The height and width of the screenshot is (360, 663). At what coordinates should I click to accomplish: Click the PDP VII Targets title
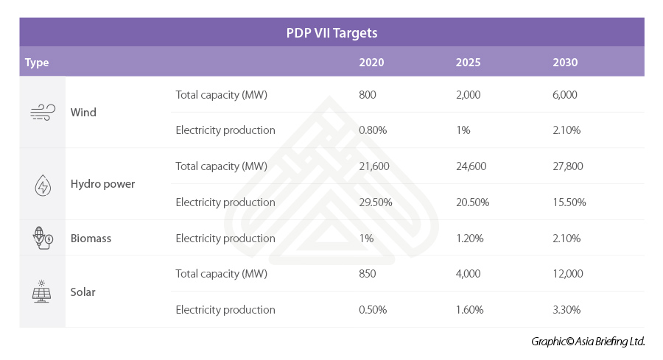(x=331, y=33)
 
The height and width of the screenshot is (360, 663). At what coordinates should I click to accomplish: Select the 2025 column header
(x=468, y=63)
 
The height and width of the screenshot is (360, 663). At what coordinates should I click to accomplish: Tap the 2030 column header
(x=565, y=63)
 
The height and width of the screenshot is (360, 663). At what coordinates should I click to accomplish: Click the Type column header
(x=37, y=63)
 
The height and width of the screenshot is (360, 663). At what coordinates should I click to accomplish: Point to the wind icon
(x=43, y=112)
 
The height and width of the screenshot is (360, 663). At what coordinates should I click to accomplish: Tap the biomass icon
(x=43, y=238)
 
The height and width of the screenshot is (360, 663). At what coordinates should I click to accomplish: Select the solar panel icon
(x=43, y=292)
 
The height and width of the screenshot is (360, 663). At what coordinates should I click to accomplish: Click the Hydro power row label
(x=102, y=184)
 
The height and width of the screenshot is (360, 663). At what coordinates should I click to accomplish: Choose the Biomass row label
(x=91, y=239)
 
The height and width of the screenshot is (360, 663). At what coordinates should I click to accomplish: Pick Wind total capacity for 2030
(x=565, y=95)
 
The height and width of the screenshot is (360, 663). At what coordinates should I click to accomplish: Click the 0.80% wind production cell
(x=373, y=130)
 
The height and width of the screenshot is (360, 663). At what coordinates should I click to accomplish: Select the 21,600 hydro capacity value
(x=373, y=166)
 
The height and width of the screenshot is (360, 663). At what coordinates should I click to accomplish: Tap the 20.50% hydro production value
(x=472, y=202)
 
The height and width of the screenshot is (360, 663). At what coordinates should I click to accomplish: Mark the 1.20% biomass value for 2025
(x=470, y=239)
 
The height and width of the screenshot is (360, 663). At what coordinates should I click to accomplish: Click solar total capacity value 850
(x=367, y=274)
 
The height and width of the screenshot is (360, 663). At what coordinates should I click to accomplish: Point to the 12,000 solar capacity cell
(x=568, y=274)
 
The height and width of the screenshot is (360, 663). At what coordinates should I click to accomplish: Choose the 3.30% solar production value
(x=566, y=310)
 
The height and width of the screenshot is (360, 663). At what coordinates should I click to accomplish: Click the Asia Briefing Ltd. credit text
(x=588, y=342)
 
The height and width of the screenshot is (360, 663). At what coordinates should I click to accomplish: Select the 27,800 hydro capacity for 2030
(x=568, y=166)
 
